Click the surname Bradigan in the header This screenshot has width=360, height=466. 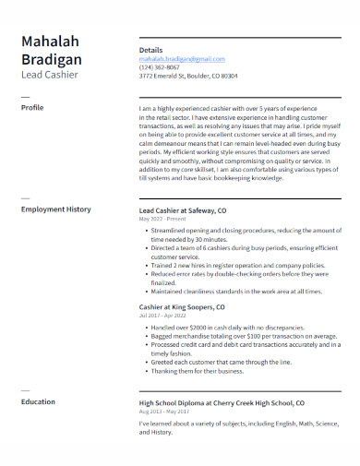52,60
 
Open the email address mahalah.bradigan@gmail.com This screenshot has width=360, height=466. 181,58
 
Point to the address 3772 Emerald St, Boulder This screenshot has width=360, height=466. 187,76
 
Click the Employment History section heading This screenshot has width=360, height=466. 55,209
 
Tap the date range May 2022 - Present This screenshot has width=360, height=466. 162,220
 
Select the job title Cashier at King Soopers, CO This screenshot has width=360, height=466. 182,306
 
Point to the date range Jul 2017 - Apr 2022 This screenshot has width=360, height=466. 163,316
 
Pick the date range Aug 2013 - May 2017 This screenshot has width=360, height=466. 164,412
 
